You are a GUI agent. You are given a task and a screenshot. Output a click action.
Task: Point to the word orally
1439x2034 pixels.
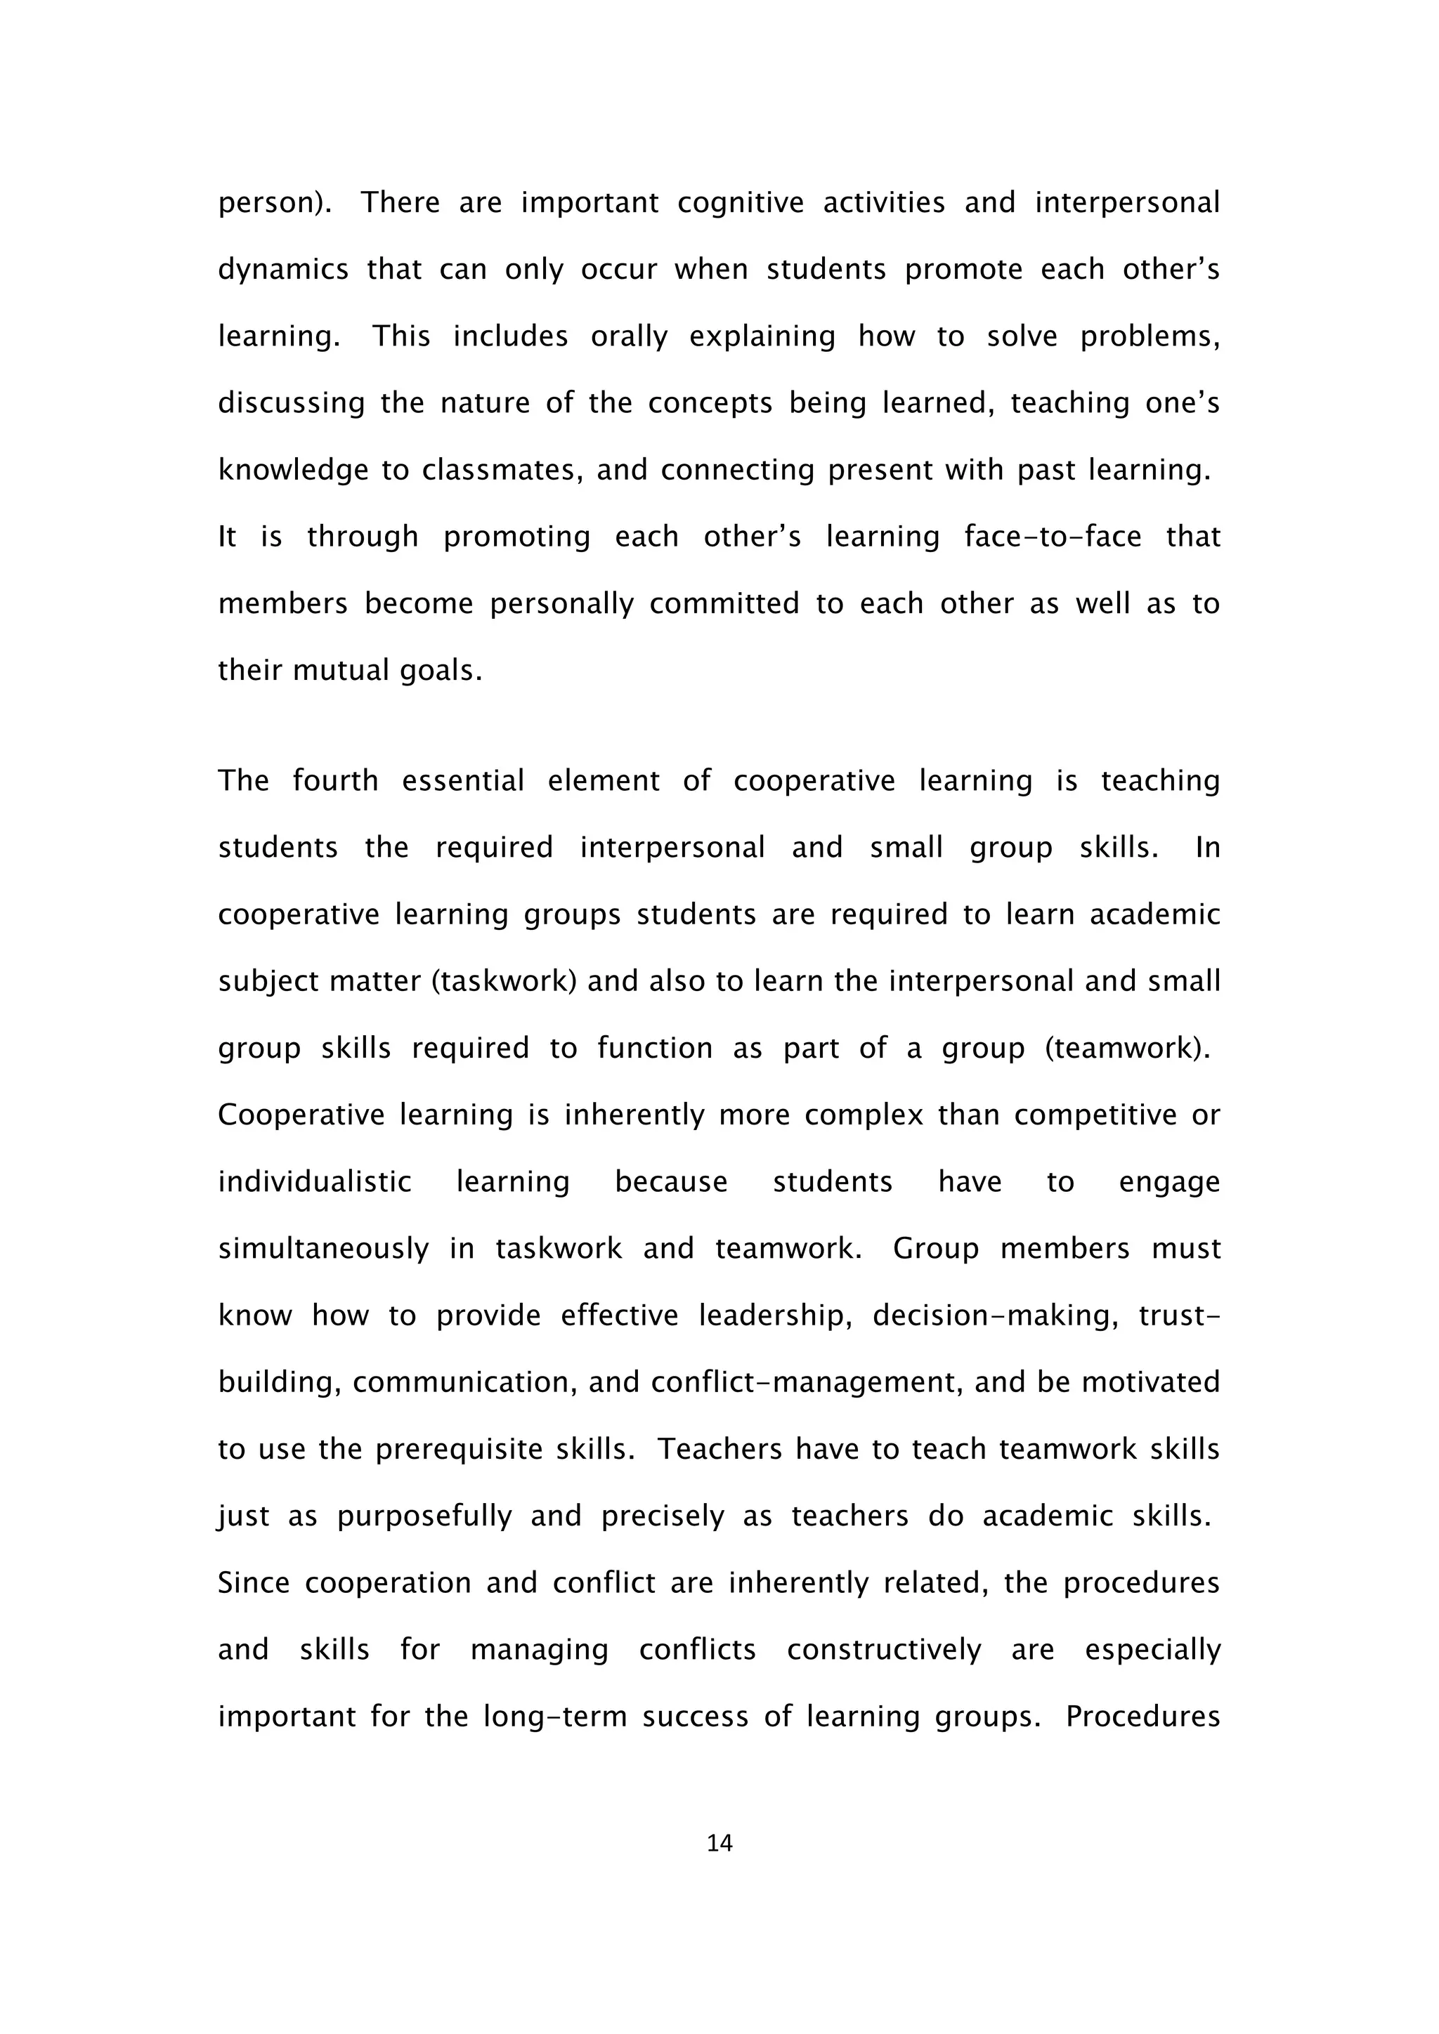tap(628, 336)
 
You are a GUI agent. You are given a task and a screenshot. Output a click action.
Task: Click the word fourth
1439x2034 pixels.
tap(335, 780)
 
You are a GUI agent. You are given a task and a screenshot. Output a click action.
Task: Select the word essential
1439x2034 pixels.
tap(462, 780)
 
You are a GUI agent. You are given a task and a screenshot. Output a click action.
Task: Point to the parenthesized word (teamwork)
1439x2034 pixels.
tap(1127, 1048)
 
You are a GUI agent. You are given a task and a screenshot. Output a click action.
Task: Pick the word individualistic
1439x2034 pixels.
tap(315, 1182)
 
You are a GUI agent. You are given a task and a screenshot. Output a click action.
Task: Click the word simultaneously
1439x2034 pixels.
tap(323, 1249)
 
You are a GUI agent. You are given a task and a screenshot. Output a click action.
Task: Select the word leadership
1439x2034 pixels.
tap(774, 1315)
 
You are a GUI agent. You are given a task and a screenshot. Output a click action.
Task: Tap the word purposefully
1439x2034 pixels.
tap(424, 1516)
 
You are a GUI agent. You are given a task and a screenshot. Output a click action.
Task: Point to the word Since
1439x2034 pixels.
tap(254, 1583)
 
